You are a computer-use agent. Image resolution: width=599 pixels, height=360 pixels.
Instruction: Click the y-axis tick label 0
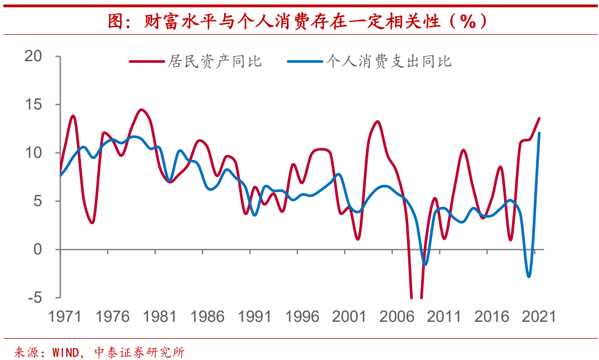tap(38, 249)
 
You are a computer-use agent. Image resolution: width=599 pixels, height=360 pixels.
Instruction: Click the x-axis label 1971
tap(65, 317)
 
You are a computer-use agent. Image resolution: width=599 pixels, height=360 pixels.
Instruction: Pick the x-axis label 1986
tap(207, 317)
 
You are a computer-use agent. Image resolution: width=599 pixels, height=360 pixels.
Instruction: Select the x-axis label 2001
tap(349, 317)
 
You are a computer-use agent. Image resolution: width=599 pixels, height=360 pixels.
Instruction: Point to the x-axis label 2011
tap(443, 317)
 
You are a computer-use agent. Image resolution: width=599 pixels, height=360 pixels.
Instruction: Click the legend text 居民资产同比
tap(215, 61)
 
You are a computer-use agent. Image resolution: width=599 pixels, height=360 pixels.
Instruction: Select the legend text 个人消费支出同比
tap(389, 61)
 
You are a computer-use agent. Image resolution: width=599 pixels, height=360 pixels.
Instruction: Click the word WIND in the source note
tap(66, 353)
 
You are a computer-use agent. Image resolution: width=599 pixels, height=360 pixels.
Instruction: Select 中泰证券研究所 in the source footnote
tap(139, 353)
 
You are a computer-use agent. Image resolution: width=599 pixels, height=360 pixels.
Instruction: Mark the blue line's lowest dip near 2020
tap(529, 276)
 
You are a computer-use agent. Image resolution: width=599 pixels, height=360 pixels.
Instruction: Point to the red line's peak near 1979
tap(141, 110)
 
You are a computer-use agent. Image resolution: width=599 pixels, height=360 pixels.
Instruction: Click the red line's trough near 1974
tap(92, 223)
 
